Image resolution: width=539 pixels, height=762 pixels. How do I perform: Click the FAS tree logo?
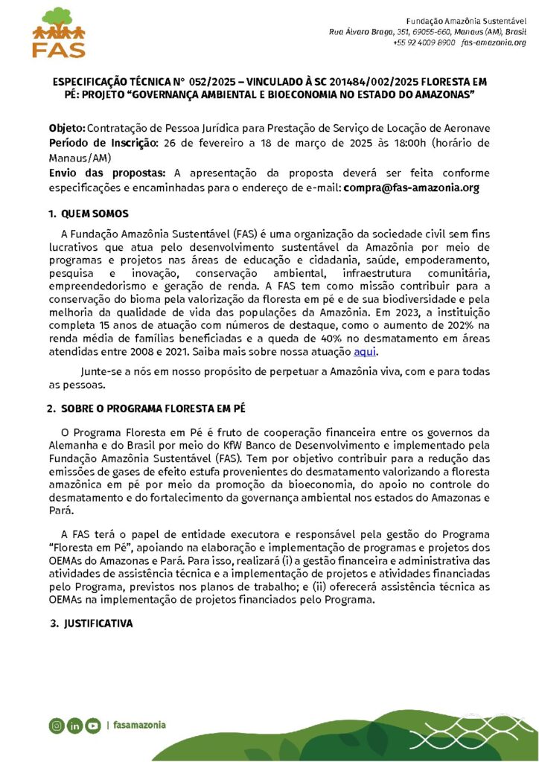(x=59, y=32)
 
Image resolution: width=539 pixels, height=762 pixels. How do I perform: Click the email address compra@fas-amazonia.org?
(x=411, y=188)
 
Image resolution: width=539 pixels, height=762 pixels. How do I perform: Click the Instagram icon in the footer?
(x=57, y=726)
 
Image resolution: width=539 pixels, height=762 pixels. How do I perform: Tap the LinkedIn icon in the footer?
(x=74, y=726)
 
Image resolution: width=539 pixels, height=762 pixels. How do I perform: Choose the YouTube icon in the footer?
(x=92, y=726)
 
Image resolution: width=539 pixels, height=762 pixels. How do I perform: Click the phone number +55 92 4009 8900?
(x=424, y=43)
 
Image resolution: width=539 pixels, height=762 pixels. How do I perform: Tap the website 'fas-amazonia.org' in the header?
(x=494, y=43)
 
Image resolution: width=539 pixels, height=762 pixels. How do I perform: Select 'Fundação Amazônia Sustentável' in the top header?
(x=466, y=19)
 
